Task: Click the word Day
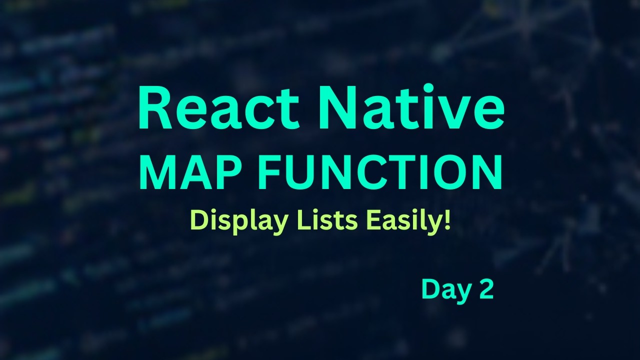pyautogui.click(x=440, y=289)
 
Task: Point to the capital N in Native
pyautogui.click(x=335, y=108)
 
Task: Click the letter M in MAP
pyautogui.click(x=158, y=172)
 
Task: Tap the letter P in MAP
pyautogui.click(x=231, y=172)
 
